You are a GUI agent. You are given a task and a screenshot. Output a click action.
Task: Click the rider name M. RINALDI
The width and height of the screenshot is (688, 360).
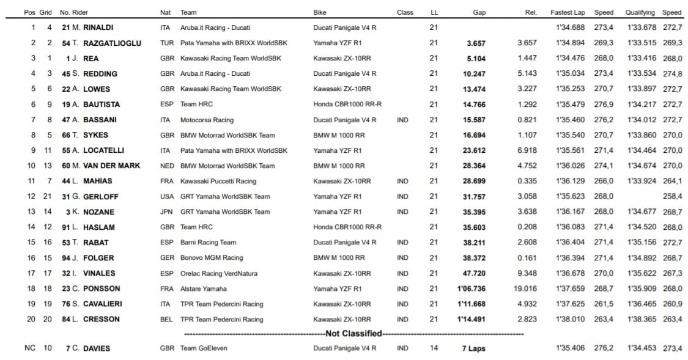click(92, 28)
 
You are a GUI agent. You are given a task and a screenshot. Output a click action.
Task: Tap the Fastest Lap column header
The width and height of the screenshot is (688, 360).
click(567, 12)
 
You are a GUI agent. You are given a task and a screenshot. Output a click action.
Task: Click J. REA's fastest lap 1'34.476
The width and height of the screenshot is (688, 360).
click(570, 58)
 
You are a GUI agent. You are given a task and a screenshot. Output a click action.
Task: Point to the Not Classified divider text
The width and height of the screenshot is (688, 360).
click(353, 334)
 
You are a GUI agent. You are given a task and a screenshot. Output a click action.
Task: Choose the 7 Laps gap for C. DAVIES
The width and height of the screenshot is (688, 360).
click(473, 348)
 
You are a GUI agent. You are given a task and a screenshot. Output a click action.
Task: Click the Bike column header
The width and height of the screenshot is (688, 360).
click(319, 12)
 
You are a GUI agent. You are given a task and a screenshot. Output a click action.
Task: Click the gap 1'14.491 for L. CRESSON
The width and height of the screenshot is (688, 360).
click(471, 319)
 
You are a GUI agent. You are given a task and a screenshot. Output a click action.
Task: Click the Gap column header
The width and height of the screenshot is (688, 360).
click(479, 12)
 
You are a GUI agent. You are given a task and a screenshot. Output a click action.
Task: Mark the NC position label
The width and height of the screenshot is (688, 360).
click(29, 348)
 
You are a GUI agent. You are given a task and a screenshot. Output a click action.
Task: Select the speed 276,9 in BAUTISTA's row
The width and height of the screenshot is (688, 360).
click(603, 105)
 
